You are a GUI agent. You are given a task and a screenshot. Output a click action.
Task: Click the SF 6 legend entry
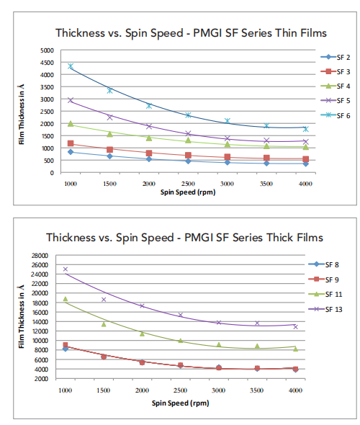(x=336, y=115)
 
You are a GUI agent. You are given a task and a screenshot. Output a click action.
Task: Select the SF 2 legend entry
(x=336, y=57)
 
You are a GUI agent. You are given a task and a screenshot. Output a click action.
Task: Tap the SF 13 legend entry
(x=325, y=309)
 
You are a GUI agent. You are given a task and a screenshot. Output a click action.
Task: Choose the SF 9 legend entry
(x=324, y=279)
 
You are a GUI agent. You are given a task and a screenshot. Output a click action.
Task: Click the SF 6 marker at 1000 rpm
(x=71, y=66)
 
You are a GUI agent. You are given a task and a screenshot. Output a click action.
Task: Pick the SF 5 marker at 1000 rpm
(x=71, y=100)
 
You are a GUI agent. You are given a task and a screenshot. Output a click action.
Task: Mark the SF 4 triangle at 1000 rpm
(x=71, y=124)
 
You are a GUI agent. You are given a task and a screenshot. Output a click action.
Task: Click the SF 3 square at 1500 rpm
(x=109, y=149)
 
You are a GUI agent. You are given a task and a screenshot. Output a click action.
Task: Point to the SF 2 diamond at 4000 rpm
(x=305, y=164)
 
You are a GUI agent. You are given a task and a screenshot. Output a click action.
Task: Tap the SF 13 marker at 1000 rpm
(x=66, y=269)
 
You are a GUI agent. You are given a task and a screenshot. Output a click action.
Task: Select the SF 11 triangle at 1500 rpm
(x=104, y=324)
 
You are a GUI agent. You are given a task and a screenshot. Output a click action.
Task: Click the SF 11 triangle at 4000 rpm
(x=295, y=349)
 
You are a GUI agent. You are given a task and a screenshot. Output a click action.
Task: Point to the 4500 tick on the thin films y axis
(x=47, y=63)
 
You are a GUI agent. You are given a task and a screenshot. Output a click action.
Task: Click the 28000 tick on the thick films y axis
(x=40, y=256)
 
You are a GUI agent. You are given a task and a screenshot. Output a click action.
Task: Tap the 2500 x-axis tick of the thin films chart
(x=188, y=184)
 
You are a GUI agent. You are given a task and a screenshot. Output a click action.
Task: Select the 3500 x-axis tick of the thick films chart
(x=257, y=390)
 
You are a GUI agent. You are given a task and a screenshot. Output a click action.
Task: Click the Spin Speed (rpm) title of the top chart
(x=188, y=192)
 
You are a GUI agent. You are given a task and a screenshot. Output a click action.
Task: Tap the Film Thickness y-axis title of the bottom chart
(x=21, y=316)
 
